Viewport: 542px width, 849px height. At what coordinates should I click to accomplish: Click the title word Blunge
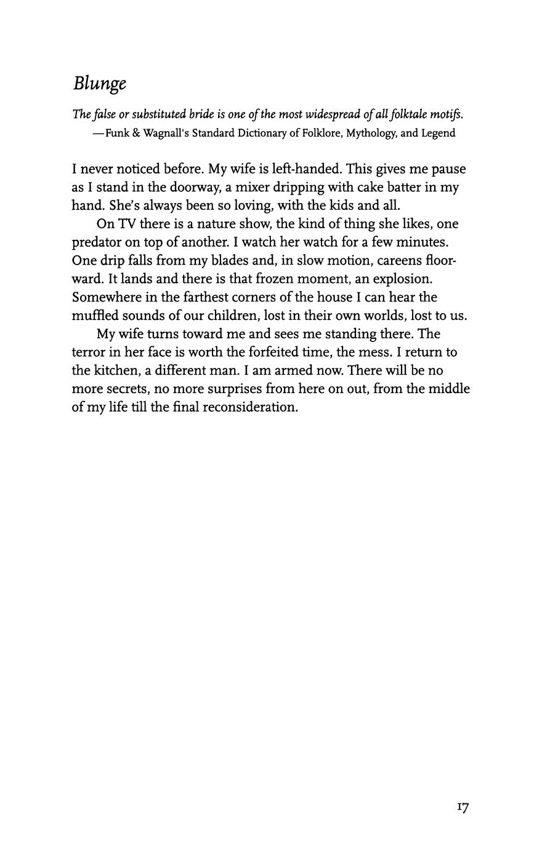[x=100, y=84]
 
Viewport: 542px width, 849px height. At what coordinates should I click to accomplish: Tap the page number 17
[x=463, y=807]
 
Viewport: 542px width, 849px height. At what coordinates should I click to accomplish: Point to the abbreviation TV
[x=126, y=224]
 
